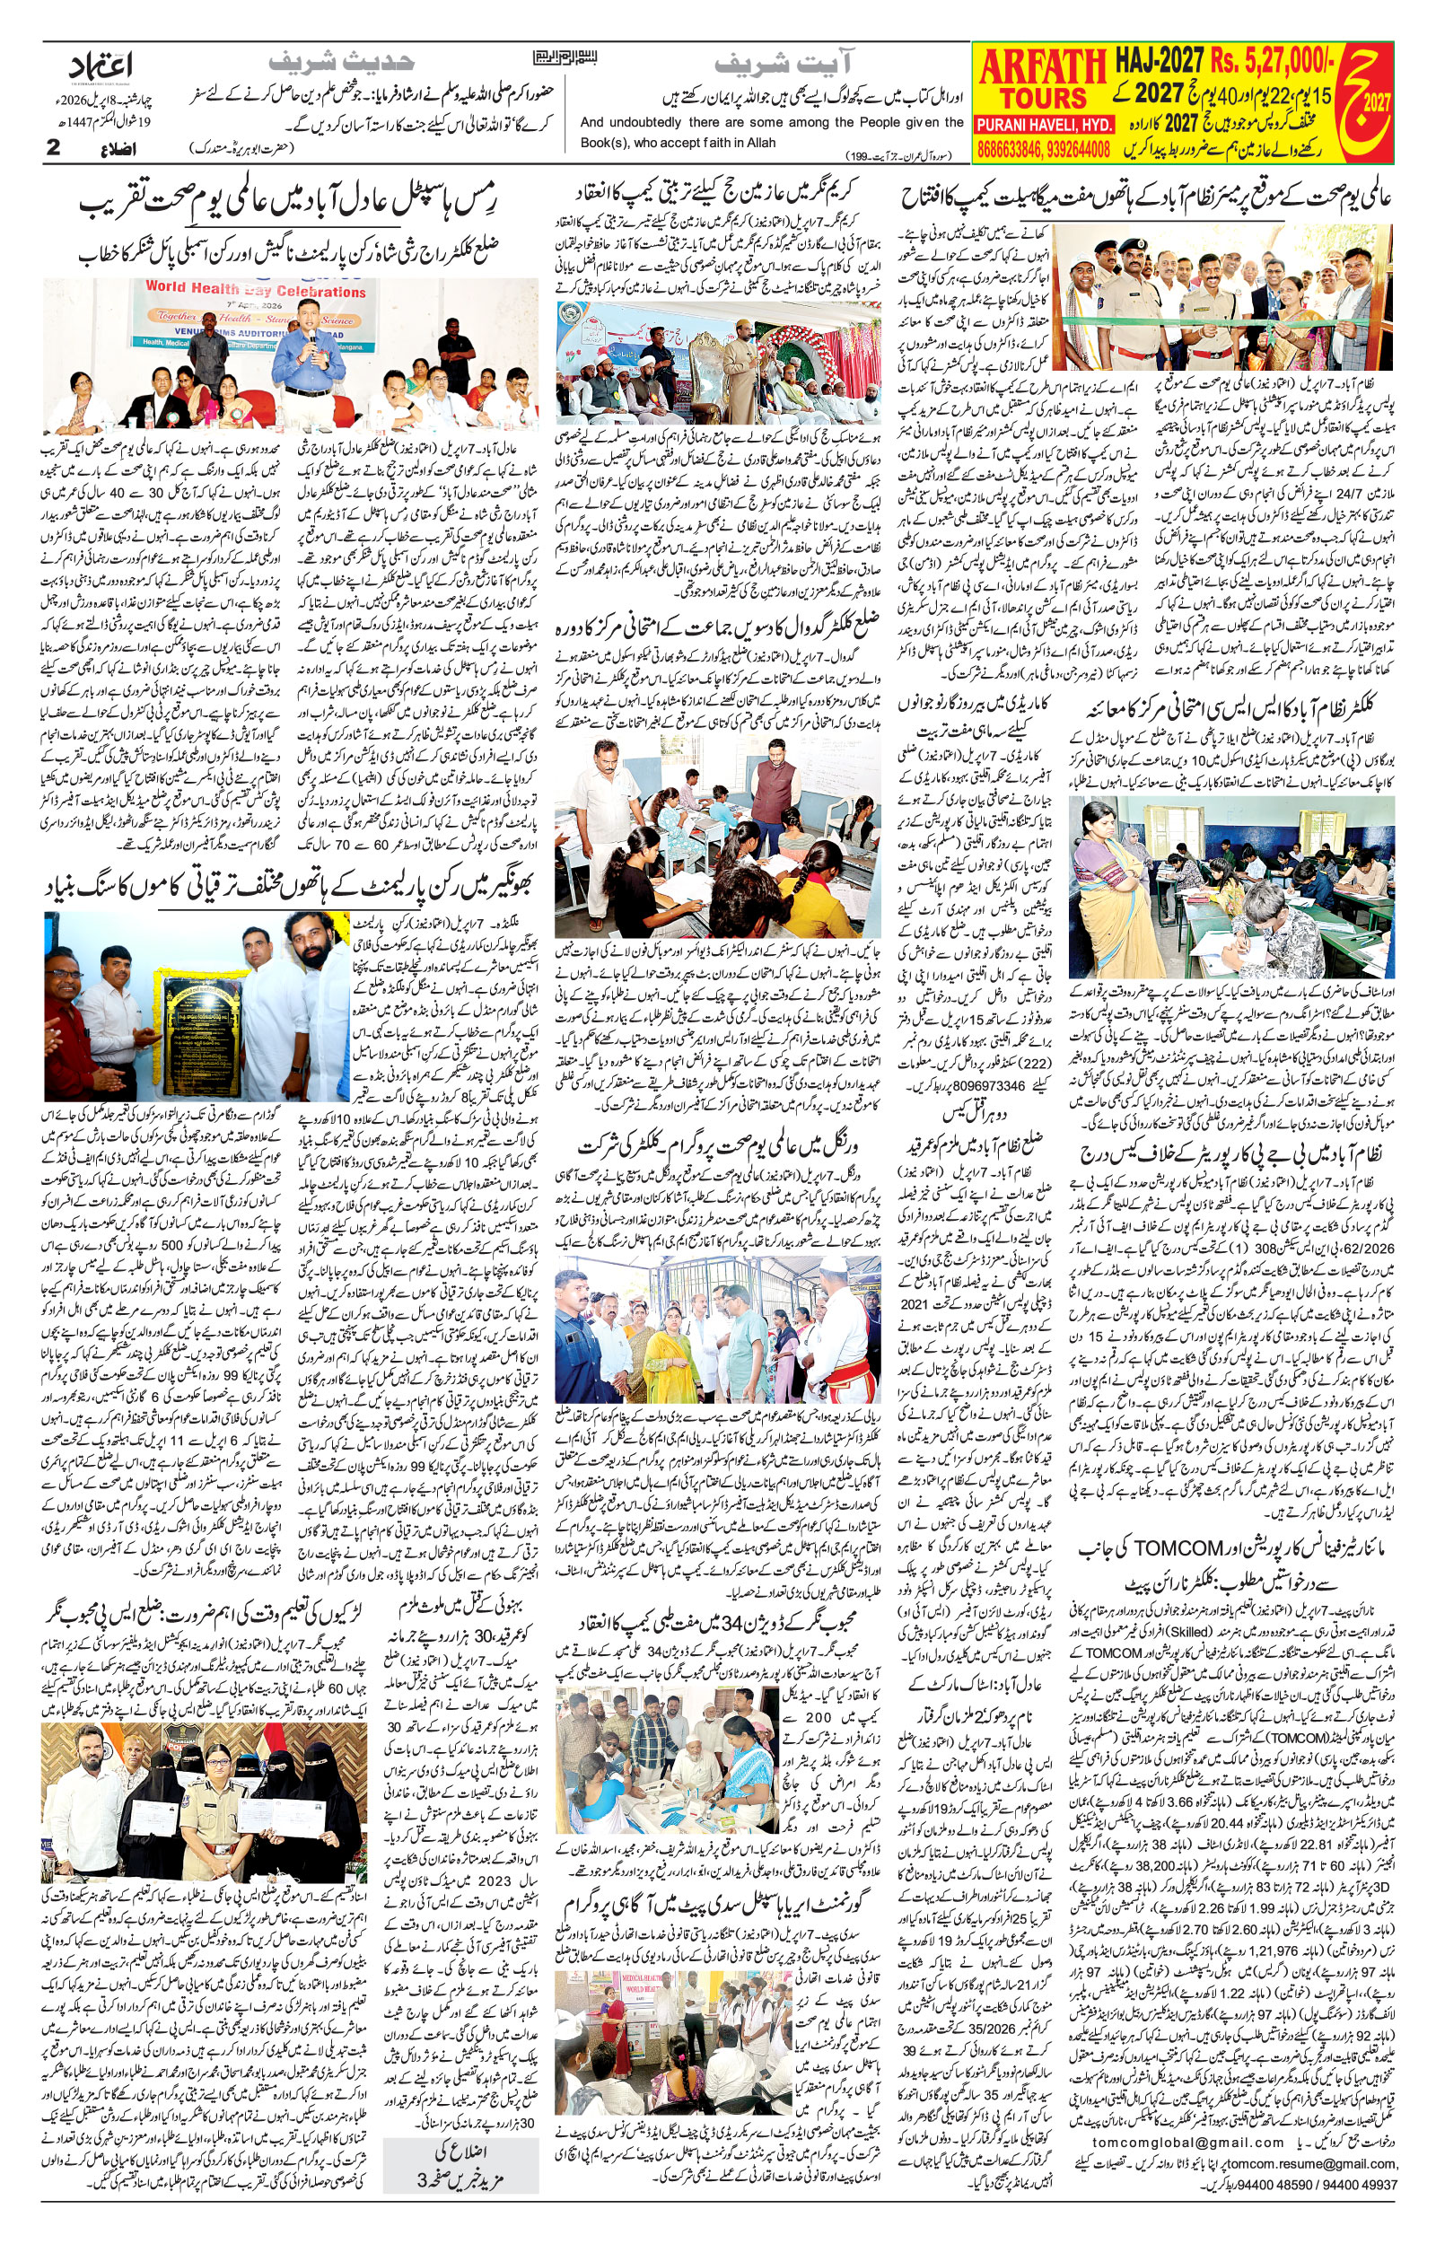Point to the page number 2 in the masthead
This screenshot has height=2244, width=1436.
point(53,146)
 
